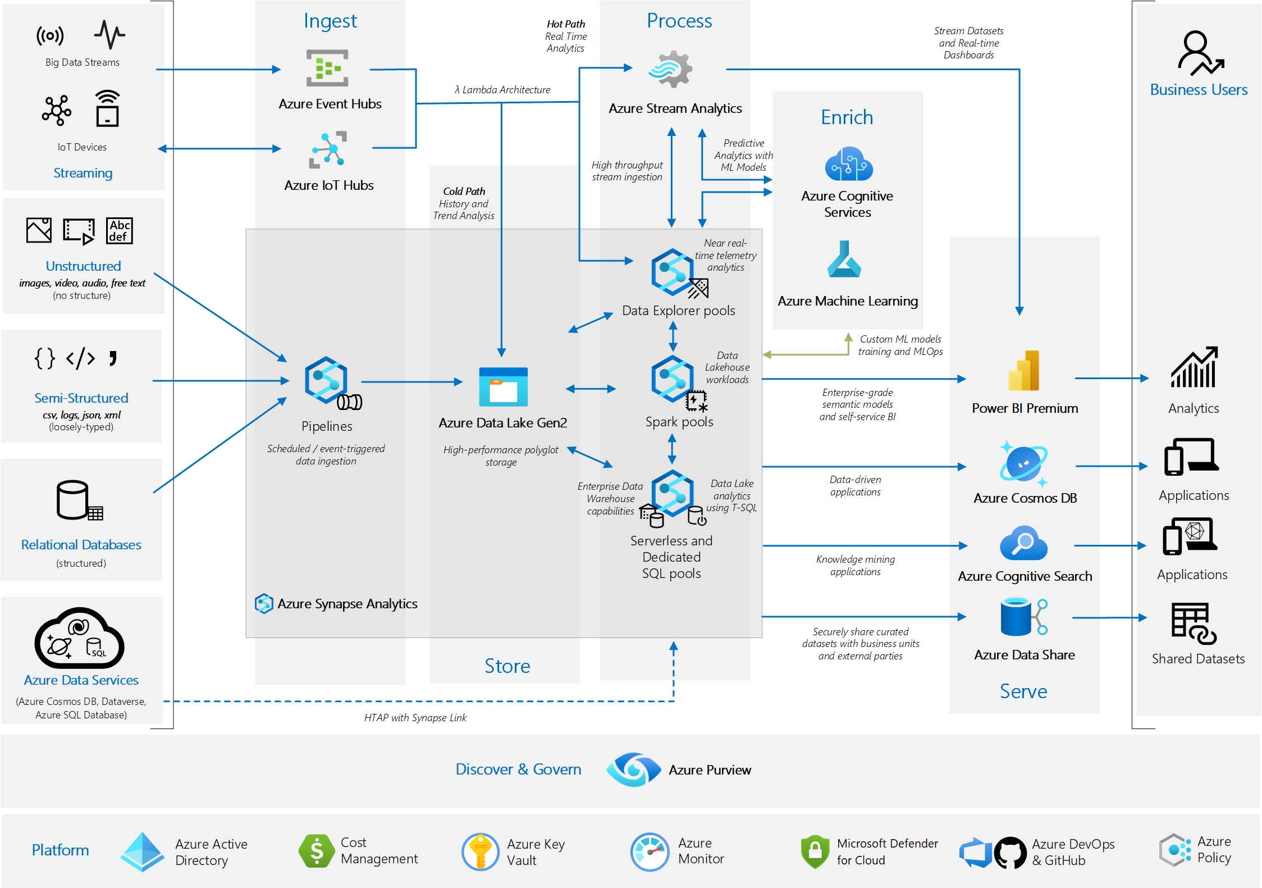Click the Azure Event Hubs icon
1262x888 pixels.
327,68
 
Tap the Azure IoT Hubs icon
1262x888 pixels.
328,150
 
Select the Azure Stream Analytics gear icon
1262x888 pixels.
671,70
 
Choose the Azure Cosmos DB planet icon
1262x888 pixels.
1024,464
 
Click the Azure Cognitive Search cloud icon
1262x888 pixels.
1023,543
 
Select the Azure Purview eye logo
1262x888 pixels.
634,769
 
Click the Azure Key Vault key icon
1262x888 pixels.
480,851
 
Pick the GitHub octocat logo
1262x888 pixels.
1010,853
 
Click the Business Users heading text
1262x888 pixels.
1199,90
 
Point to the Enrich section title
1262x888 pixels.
847,117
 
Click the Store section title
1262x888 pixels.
507,666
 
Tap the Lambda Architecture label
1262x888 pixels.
502,90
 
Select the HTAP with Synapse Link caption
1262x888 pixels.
415,718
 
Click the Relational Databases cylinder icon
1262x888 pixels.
74,500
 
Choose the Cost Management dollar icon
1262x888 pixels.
317,851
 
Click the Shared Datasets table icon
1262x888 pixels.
1193,623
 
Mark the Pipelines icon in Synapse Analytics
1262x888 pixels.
327,381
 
